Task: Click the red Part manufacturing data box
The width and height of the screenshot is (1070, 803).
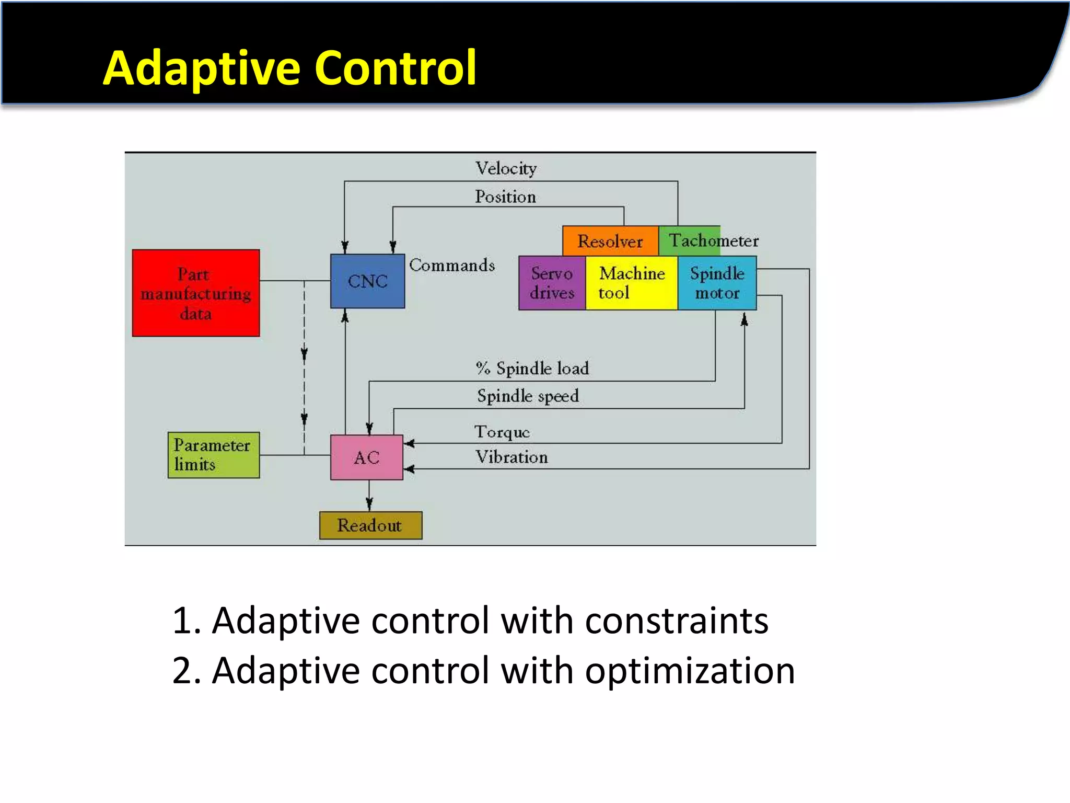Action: tap(195, 293)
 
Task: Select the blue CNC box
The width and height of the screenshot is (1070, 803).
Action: tap(367, 281)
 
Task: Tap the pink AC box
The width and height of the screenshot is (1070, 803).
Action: tap(366, 457)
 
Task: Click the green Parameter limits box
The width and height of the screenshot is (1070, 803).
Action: tap(213, 455)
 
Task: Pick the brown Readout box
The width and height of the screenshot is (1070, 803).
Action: tap(370, 525)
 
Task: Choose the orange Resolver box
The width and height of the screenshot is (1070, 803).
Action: tap(610, 241)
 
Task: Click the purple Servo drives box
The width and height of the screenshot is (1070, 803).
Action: tap(552, 283)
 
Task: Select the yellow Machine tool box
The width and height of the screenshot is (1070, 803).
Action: tap(631, 283)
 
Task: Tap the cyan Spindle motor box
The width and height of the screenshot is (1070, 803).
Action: tap(717, 283)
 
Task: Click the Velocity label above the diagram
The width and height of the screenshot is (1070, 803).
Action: tap(506, 168)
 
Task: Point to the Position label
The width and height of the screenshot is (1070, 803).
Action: tap(505, 197)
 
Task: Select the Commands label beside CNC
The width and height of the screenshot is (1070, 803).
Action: tap(452, 265)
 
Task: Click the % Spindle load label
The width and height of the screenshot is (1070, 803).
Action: tap(532, 368)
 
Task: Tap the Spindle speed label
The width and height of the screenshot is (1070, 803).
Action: tap(528, 396)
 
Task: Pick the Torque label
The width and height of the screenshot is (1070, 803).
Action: tap(502, 432)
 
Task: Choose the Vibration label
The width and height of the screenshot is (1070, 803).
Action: tap(511, 457)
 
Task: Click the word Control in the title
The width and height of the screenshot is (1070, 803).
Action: tap(396, 68)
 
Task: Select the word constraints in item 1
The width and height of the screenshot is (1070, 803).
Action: tap(677, 621)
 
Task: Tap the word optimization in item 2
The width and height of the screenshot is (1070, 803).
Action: tap(690, 671)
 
